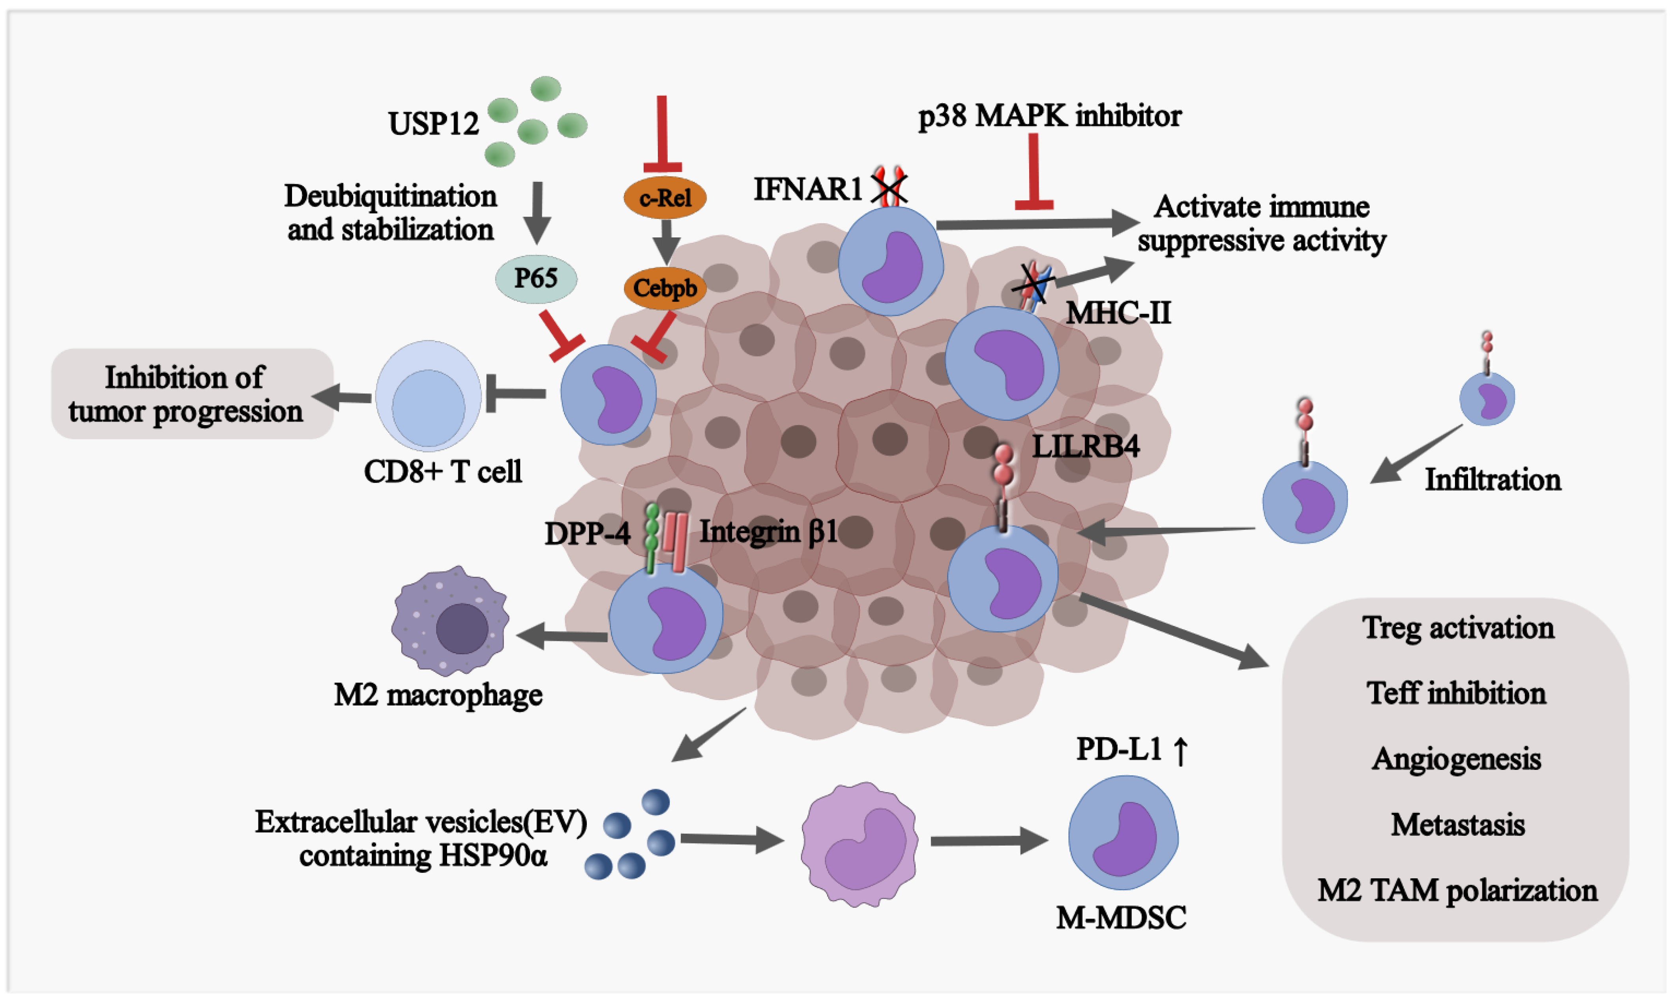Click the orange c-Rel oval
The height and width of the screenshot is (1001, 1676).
click(x=665, y=198)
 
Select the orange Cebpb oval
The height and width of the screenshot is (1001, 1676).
click(x=665, y=288)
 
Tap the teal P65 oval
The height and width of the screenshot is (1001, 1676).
click(x=536, y=278)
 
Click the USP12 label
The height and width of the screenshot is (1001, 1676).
click(x=433, y=123)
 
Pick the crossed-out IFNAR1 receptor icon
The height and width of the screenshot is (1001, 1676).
click(x=889, y=187)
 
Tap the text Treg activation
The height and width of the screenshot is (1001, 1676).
click(x=1457, y=628)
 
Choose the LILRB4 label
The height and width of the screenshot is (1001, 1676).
click(x=1085, y=446)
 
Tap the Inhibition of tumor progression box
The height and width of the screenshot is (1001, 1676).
click(x=192, y=394)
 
